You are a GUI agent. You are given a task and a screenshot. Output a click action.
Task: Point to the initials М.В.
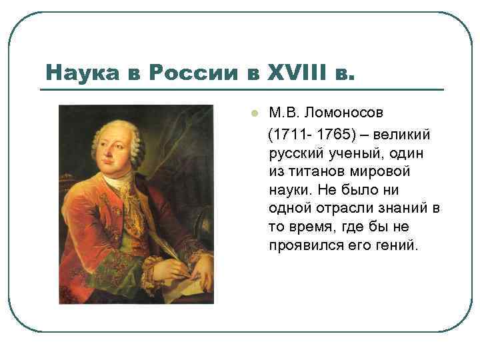pyautogui.click(x=284, y=111)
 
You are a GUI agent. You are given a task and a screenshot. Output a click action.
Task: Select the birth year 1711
pyautogui.click(x=287, y=135)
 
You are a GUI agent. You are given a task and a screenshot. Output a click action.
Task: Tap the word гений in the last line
pyautogui.click(x=398, y=245)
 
